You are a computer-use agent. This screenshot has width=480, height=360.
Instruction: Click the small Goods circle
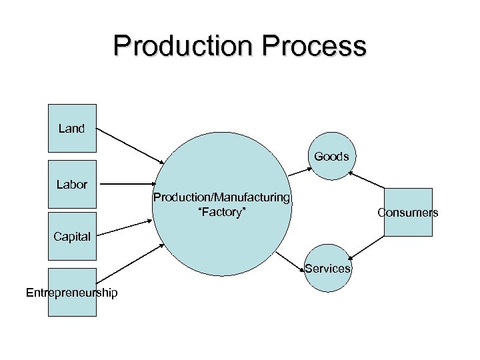[331, 157]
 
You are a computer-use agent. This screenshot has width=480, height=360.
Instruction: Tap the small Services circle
[327, 269]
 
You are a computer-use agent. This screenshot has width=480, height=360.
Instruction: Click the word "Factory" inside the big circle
[222, 211]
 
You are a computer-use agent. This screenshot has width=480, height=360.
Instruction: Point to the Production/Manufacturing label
[221, 197]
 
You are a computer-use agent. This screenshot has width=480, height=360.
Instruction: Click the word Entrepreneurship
[71, 293]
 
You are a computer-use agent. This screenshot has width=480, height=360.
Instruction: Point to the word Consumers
[408, 213]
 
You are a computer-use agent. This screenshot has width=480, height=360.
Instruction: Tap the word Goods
[331, 157]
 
